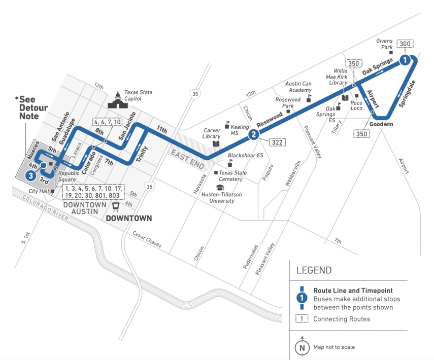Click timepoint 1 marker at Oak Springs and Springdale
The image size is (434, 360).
[405, 60]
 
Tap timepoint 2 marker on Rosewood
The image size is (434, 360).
[253, 134]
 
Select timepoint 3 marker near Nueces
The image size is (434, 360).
[31, 175]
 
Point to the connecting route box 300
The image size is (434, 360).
[405, 44]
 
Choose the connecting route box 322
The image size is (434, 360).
[277, 142]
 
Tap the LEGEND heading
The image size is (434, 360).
[313, 270]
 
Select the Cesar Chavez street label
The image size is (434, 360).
[147, 240]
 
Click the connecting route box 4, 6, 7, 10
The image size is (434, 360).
[107, 122]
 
